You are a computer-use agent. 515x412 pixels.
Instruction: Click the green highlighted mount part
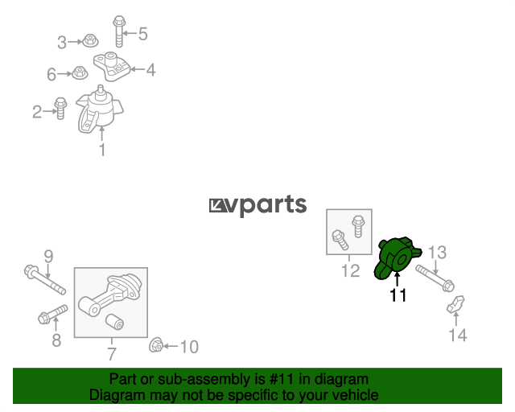[395, 258]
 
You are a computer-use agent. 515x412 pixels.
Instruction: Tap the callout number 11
[398, 295]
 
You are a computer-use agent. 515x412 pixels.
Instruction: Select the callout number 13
[437, 253]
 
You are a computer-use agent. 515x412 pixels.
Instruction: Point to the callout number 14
[458, 335]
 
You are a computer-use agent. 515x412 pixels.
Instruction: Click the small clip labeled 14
[456, 304]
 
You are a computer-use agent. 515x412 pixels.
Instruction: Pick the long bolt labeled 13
[435, 278]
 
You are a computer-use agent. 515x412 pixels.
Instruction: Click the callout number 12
[351, 270]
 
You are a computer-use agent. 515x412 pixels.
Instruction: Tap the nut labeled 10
[155, 345]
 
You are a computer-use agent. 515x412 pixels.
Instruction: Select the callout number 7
[112, 354]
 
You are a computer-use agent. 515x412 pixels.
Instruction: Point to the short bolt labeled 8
[53, 314]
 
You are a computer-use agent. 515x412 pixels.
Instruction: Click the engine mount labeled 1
[99, 109]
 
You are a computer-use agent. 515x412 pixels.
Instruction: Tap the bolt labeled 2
[60, 108]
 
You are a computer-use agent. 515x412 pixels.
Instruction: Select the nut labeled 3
[90, 40]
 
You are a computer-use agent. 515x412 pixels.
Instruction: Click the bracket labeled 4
[112, 66]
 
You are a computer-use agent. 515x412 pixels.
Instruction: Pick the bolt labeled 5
[119, 31]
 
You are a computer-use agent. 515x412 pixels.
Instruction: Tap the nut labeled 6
[80, 72]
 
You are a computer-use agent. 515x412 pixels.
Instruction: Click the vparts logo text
[257, 205]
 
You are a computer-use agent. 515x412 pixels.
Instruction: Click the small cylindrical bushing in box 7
[114, 322]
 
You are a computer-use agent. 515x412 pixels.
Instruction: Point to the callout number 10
[189, 347]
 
